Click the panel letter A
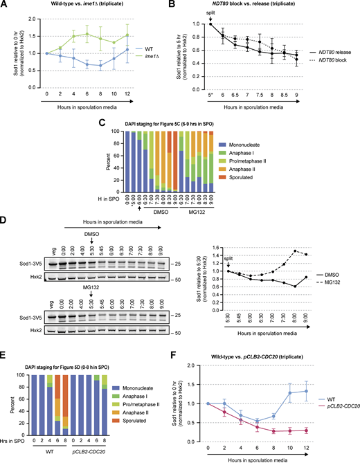coord(5,5)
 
